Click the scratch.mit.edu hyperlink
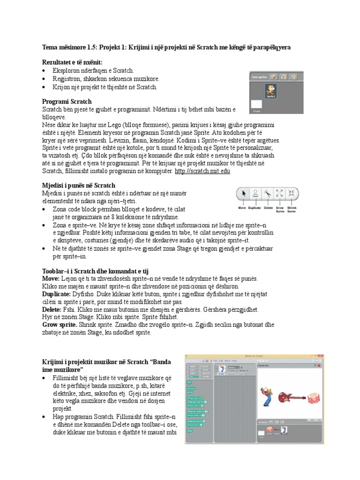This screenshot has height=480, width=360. [202, 172]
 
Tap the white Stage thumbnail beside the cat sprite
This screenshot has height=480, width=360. [256, 105]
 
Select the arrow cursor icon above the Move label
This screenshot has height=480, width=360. [242, 193]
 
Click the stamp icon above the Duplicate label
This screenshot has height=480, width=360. [255, 193]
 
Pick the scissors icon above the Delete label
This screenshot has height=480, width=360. [268, 193]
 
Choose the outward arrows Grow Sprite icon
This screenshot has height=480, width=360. [279, 193]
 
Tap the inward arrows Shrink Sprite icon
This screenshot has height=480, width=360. [292, 193]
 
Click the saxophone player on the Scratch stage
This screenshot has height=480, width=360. [267, 394]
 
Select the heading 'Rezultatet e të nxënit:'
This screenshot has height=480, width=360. [72, 62]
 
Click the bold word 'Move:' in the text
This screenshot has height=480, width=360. [51, 278]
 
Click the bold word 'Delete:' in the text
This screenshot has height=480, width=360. [52, 310]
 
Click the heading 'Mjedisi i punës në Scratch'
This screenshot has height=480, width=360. [79, 186]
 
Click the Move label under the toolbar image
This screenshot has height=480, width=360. [242, 207]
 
